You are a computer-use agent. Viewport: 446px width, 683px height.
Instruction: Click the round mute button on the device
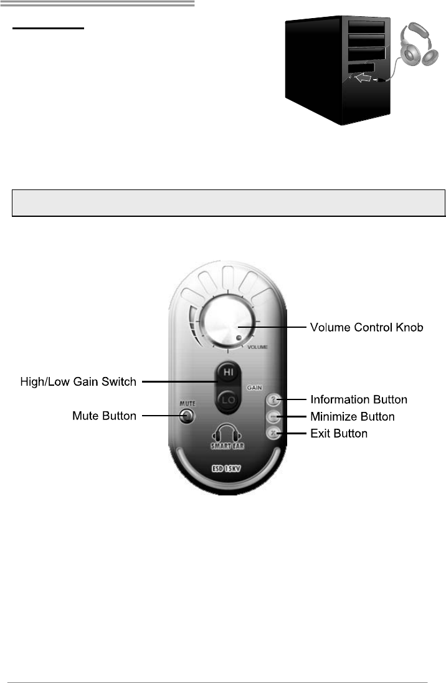tap(184, 416)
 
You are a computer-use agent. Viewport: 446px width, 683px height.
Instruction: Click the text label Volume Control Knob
tap(367, 327)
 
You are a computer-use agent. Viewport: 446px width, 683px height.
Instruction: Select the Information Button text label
tap(359, 399)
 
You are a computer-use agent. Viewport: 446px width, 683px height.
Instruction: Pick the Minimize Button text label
tap(353, 416)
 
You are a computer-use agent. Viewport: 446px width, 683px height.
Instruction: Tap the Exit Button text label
tap(339, 432)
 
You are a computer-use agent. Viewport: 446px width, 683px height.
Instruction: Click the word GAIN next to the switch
tap(253, 387)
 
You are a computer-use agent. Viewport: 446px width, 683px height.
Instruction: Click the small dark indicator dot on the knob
tap(239, 339)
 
